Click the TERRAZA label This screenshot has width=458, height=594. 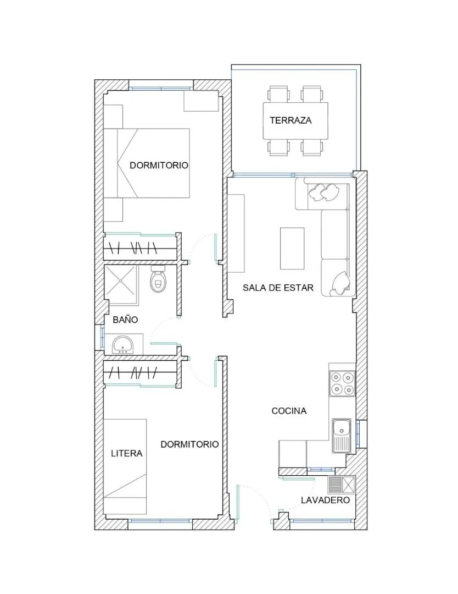[x=291, y=120]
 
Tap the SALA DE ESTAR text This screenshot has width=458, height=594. [x=278, y=288]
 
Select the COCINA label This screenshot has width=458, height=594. [x=289, y=411]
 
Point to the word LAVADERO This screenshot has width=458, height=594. [x=325, y=500]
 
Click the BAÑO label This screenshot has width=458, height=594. [x=125, y=320]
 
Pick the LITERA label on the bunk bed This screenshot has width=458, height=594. [x=127, y=453]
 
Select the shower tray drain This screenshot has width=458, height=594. [x=120, y=280]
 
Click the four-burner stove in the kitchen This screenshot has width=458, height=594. [x=342, y=383]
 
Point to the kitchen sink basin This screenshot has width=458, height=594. [x=342, y=430]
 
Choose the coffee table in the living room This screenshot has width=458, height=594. [x=292, y=248]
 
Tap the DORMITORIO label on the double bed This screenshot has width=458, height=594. [x=159, y=165]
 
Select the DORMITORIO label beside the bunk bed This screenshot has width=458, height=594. [x=189, y=444]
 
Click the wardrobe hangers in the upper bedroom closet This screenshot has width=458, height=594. [x=133, y=248]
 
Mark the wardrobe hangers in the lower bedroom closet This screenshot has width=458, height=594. [x=133, y=373]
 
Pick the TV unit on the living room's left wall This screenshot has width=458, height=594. [x=236, y=233]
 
